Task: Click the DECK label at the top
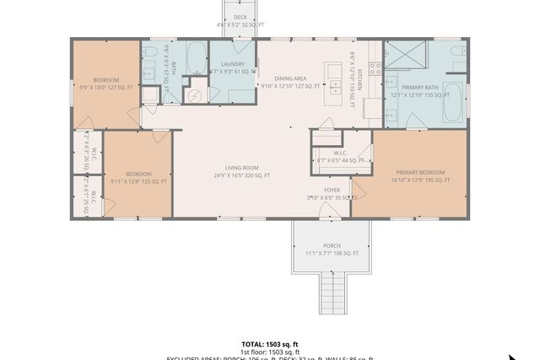[240, 17]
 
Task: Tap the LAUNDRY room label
[232, 64]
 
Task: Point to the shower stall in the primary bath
[404, 56]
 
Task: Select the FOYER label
[332, 191]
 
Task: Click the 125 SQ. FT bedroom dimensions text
[138, 181]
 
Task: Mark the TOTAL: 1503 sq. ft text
[269, 344]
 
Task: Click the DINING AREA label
[289, 78]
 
